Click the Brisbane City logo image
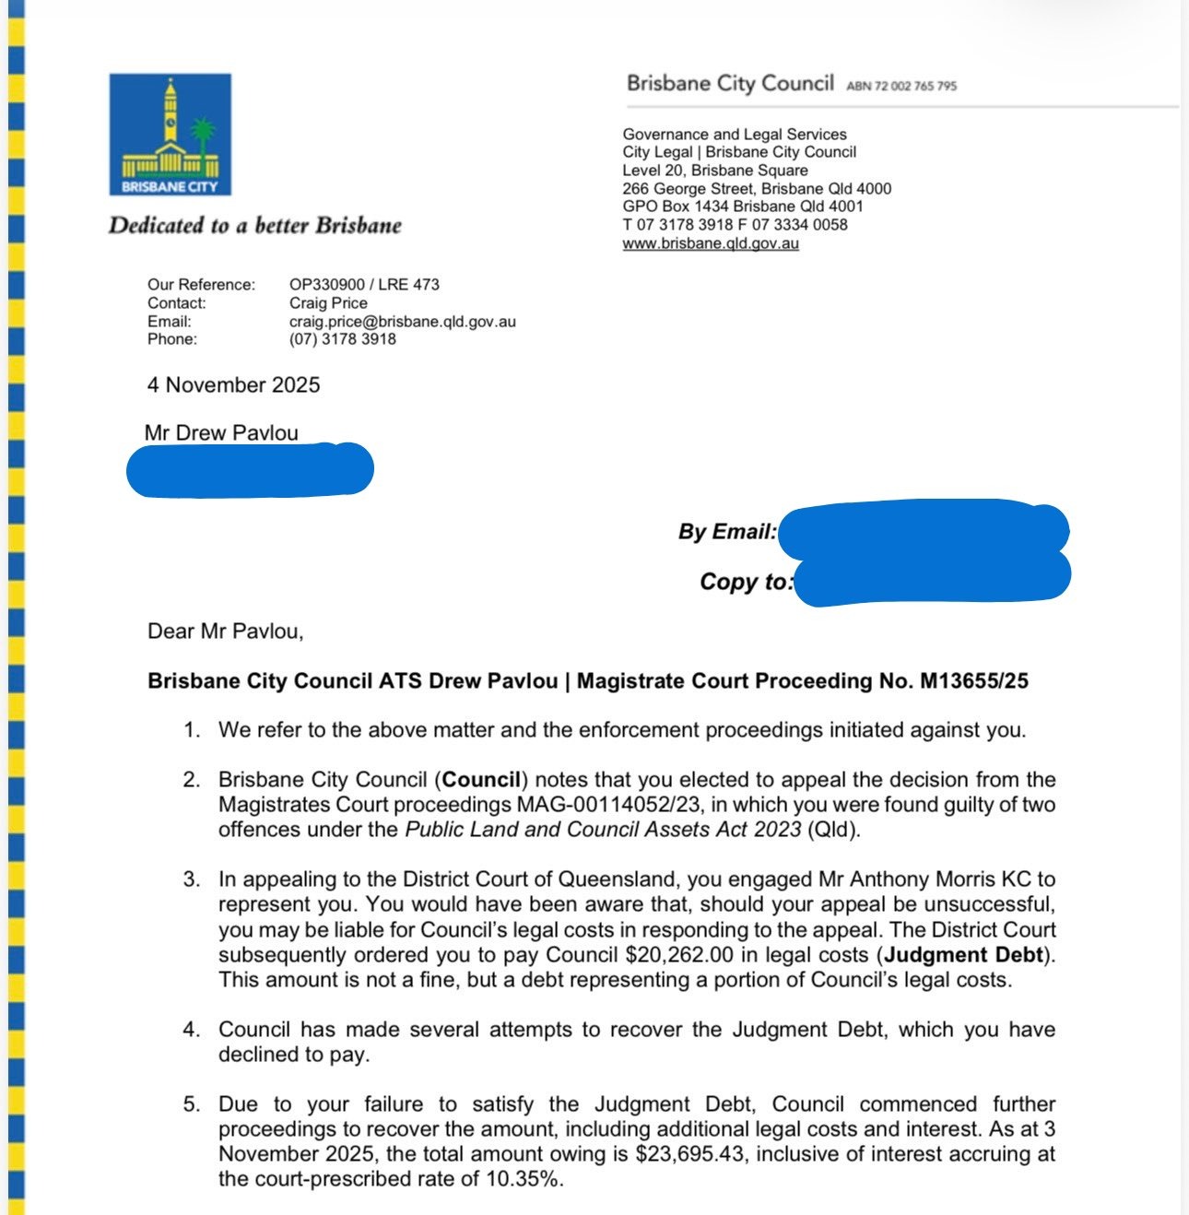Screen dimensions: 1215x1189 170,135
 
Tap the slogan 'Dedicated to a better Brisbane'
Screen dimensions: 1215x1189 254,226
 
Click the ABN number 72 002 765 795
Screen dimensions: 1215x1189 901,86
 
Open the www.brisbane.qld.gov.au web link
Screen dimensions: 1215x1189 710,244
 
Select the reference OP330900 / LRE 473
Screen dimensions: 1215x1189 364,285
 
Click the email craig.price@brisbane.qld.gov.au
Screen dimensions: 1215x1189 402,322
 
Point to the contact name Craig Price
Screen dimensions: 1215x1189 328,303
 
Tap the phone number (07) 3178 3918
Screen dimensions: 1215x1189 342,339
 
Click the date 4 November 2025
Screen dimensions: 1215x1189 233,385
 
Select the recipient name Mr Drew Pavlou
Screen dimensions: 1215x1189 221,432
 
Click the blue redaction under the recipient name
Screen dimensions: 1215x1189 249,470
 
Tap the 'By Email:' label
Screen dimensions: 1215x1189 727,532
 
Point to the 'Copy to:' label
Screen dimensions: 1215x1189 745,582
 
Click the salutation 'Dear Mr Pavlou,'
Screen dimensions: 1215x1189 225,631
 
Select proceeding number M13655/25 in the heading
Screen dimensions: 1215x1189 974,681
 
